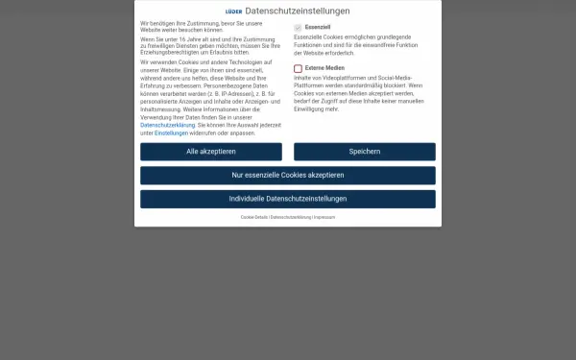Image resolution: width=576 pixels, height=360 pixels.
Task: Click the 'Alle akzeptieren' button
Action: click(211, 152)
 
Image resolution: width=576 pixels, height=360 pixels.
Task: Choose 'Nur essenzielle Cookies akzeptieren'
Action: click(288, 175)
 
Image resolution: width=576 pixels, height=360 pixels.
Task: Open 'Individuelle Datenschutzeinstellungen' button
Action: click(288, 199)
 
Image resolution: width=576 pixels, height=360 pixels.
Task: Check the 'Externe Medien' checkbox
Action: click(299, 68)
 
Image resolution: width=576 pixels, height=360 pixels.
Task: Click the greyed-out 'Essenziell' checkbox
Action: click(299, 28)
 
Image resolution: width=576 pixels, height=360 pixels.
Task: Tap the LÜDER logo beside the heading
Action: click(233, 12)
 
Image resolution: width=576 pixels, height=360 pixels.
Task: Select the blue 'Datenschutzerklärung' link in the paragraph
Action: click(168, 125)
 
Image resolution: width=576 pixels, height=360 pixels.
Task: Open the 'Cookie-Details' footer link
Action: click(254, 218)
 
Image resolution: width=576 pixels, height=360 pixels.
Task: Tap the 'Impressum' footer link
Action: click(324, 218)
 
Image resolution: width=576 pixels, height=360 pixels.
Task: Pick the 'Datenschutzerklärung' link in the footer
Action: click(290, 218)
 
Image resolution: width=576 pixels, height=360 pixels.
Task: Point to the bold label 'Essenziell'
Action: click(318, 28)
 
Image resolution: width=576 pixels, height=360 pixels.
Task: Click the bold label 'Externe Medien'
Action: click(324, 68)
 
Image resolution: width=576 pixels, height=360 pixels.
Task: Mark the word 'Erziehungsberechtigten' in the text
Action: click(169, 52)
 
